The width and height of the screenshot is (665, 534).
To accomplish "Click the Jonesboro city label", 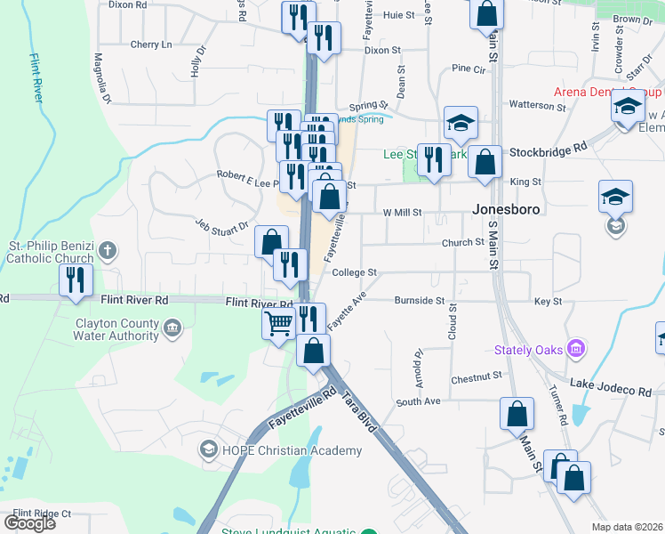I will point(505,209).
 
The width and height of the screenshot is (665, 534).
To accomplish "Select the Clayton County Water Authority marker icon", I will point(173,328).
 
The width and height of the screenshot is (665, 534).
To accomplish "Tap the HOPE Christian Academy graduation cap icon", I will point(209,449).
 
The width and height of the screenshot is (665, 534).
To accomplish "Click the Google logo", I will point(29,522).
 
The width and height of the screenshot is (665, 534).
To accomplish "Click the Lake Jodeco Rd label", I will point(611,391).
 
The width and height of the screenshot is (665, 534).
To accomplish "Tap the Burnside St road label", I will point(420,302).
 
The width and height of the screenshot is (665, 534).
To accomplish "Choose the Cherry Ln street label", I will point(150,44).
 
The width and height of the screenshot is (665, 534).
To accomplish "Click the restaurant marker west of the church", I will point(75,280).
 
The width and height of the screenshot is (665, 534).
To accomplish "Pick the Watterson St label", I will point(537,105).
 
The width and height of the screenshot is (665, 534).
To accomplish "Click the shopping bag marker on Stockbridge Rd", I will point(485,164).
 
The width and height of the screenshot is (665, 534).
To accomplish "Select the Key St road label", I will point(548,302).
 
